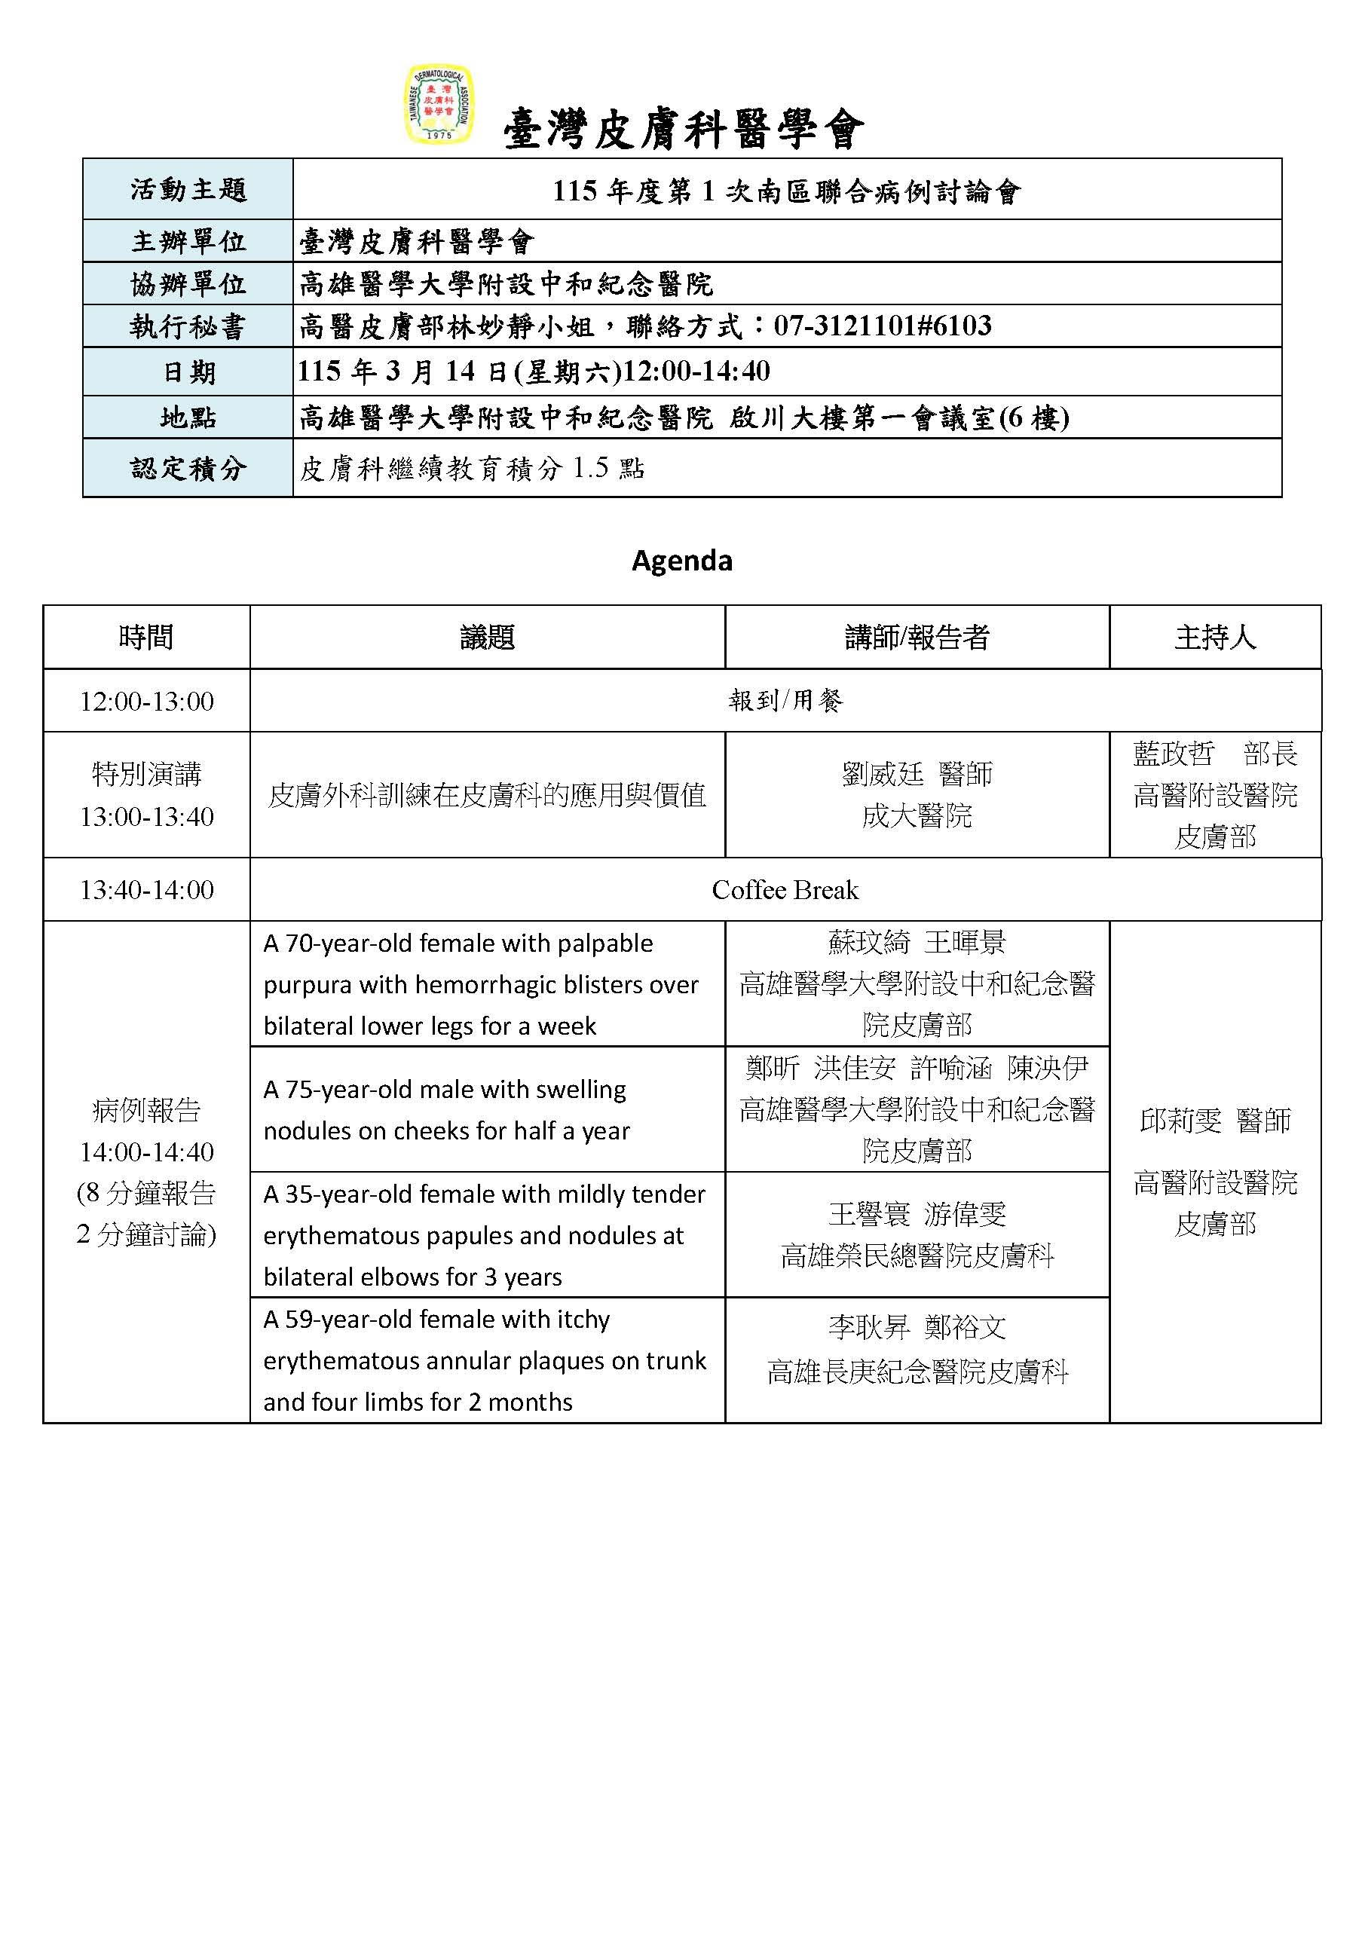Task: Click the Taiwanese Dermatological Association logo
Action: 439,105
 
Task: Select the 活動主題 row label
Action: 188,189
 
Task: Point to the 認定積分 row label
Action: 188,468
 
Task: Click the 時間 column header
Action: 146,638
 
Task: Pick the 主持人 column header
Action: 1215,638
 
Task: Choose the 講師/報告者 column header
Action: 917,638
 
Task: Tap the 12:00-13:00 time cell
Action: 146,701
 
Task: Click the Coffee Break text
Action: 785,890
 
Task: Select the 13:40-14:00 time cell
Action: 146,890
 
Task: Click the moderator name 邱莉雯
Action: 1180,1121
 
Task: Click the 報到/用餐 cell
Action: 785,701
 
